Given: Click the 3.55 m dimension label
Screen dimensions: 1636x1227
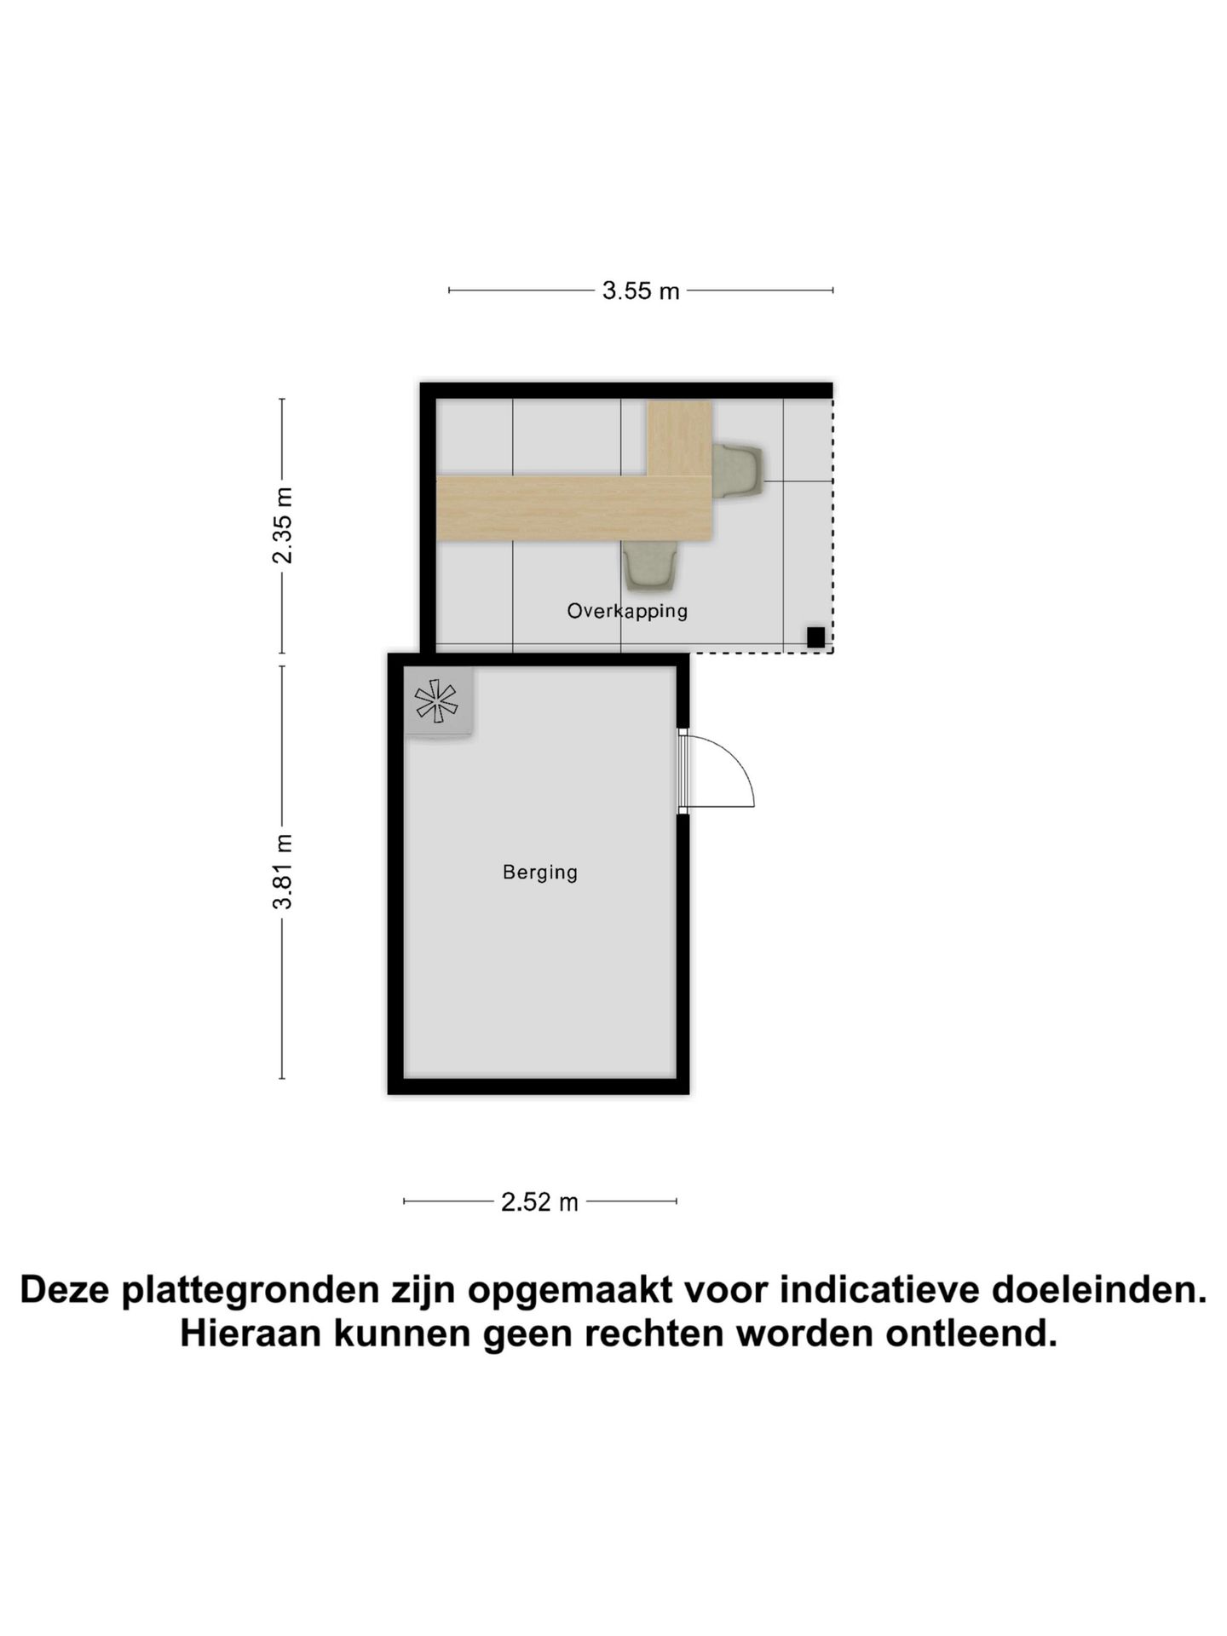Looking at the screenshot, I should pyautogui.click(x=641, y=291).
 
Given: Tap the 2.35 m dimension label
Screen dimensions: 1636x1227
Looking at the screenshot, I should pyautogui.click(x=283, y=526).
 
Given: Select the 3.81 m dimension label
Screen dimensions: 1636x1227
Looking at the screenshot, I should pyautogui.click(x=283, y=872).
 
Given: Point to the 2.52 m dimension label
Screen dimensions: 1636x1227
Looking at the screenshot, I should pyautogui.click(x=539, y=1202).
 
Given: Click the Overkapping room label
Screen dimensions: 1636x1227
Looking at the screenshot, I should pyautogui.click(x=627, y=611).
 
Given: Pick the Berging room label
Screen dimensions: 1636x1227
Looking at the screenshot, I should pyautogui.click(x=540, y=873).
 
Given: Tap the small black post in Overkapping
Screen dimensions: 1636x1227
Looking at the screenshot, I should pyautogui.click(x=815, y=637).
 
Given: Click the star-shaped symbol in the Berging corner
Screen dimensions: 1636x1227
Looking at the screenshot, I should pyautogui.click(x=436, y=701).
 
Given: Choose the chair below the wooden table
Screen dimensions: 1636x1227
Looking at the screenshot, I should pyautogui.click(x=652, y=567).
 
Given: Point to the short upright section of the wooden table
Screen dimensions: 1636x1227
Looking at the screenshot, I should pyautogui.click(x=679, y=438).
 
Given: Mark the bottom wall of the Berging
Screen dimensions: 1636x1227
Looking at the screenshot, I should pyautogui.click(x=539, y=1086).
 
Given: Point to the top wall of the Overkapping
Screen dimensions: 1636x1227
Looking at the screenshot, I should pyautogui.click(x=626, y=390).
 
